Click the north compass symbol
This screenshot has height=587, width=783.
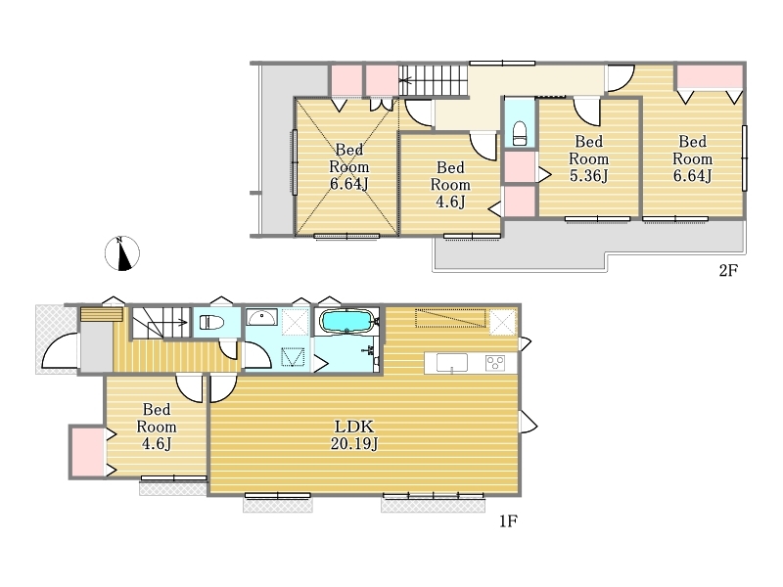tap(121, 253)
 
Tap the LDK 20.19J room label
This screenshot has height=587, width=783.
tap(354, 434)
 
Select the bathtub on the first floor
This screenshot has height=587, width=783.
tap(346, 321)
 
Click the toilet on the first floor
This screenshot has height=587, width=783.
tap(212, 323)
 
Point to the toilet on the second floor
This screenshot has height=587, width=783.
tap(520, 133)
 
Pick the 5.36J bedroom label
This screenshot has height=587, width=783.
tap(589, 158)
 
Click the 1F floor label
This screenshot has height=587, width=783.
tap(508, 521)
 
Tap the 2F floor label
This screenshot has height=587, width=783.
tap(728, 271)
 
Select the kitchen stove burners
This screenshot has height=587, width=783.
tap(495, 362)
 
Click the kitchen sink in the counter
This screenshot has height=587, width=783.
tap(452, 363)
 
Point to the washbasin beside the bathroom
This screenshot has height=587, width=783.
tap(261, 317)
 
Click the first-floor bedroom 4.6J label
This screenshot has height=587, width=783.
tap(157, 427)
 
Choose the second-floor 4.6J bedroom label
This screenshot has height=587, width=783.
tap(450, 185)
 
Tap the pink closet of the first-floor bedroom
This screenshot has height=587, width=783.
tap(88, 452)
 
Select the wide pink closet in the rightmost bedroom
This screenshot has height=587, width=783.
tap(709, 78)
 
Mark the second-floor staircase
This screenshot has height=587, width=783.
tap(433, 80)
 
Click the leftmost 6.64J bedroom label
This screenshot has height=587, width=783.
tap(349, 166)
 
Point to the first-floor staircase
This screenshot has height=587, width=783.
tap(161, 323)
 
